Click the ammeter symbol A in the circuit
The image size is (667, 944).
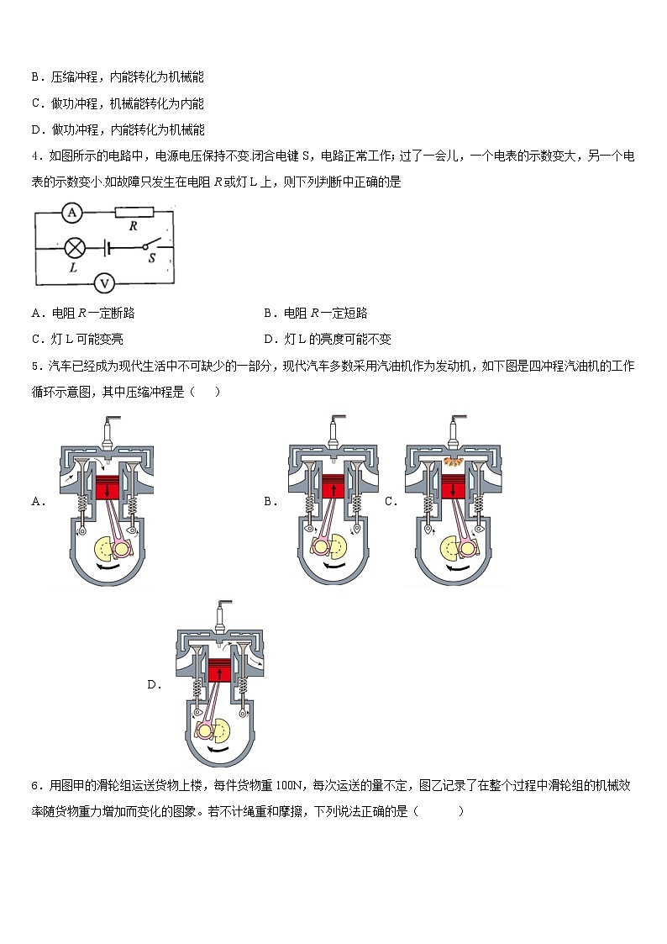[72, 213]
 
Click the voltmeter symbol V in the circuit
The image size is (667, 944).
[103, 283]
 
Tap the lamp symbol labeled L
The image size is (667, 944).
[74, 248]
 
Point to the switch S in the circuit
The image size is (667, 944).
[150, 247]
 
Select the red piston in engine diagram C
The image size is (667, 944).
[454, 489]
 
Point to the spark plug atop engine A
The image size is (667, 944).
[108, 433]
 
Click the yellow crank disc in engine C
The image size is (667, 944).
[454, 550]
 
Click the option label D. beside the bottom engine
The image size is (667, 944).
[154, 685]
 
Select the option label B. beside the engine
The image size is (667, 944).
[270, 501]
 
